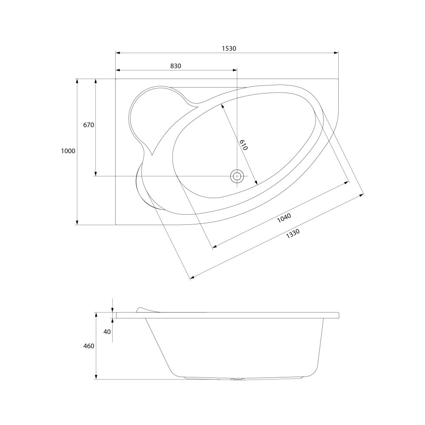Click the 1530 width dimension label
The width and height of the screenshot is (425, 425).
(229, 48)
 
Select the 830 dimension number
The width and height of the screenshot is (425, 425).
(176, 66)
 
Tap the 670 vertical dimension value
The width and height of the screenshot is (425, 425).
(89, 125)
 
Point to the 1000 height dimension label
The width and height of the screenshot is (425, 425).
(68, 151)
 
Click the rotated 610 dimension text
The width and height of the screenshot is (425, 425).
(244, 145)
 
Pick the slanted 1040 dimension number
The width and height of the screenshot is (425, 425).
(284, 218)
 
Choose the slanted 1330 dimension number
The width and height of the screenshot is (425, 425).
(293, 234)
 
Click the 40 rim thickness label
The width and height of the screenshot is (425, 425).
(107, 331)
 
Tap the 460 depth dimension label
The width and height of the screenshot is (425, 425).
(89, 346)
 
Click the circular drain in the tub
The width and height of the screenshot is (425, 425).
(237, 176)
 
